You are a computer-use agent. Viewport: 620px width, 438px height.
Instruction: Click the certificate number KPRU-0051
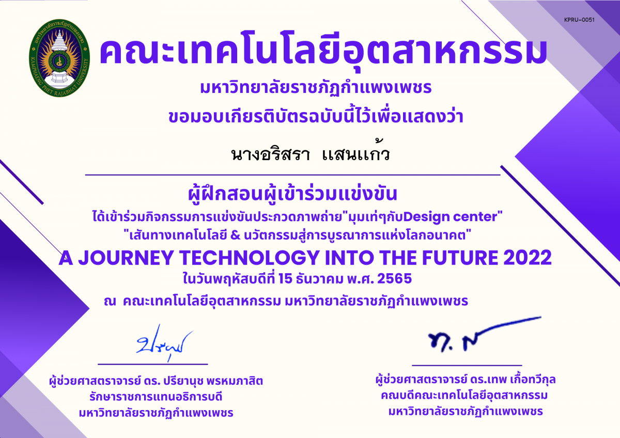tap(580, 20)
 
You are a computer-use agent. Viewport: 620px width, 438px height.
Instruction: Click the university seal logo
tap(59, 61)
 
